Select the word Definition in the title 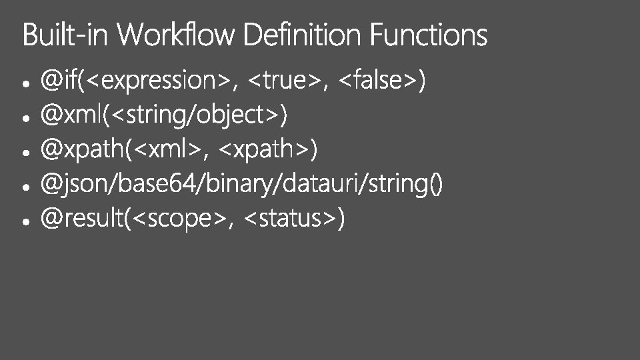click(x=303, y=35)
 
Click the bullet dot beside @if click(x=24, y=84)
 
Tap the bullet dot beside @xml click(x=24, y=119)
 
